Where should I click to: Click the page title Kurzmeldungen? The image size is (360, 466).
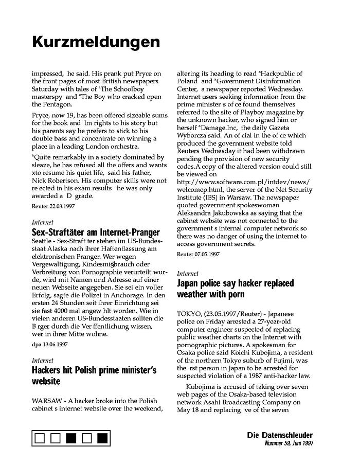[96, 42]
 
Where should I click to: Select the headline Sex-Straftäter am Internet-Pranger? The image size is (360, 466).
[96, 232]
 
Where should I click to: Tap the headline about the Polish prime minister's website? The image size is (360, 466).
[94, 375]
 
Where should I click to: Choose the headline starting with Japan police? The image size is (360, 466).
[235, 289]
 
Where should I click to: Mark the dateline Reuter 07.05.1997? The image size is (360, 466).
[198, 254]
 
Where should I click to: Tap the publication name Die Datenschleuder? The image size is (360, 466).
[280, 435]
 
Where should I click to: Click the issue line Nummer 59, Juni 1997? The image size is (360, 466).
[289, 443]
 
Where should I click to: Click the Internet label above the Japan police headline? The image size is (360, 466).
[187, 274]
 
